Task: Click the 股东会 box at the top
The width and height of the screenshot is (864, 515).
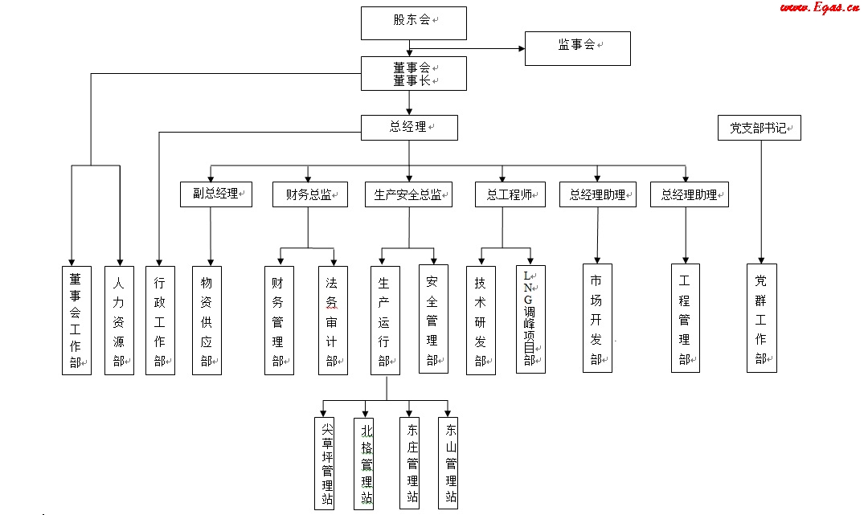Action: [x=413, y=22]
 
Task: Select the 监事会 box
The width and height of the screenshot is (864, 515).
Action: [x=577, y=48]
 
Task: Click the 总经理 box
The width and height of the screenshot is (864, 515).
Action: [x=409, y=128]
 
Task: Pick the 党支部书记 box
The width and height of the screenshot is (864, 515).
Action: [x=759, y=128]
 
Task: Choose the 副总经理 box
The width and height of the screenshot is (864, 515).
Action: [x=215, y=194]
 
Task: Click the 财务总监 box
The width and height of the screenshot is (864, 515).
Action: [x=309, y=194]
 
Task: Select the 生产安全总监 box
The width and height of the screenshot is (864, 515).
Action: [x=408, y=194]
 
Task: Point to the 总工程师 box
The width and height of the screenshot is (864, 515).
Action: [x=510, y=194]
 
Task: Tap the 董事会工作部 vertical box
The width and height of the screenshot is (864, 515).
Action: [x=76, y=320]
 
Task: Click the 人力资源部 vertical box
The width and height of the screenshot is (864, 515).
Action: [x=119, y=320]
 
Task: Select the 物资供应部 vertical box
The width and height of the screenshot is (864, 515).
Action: [x=207, y=320]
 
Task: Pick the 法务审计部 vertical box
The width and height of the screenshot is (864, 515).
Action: [x=332, y=320]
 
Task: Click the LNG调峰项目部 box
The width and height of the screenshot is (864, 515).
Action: [x=530, y=319]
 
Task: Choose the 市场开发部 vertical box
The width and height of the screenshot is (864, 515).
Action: [x=597, y=318]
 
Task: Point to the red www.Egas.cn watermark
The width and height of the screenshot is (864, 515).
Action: [x=818, y=7]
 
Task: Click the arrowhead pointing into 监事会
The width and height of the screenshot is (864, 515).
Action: [x=521, y=48]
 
